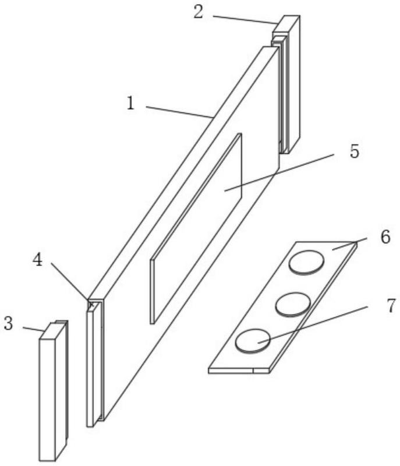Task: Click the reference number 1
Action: [x=130, y=104]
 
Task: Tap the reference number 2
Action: [x=199, y=12]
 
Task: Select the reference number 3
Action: [x=8, y=323]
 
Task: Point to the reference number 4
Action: [x=37, y=260]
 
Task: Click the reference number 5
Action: [x=354, y=151]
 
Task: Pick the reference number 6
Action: [x=385, y=237]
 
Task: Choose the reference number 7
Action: [x=391, y=305]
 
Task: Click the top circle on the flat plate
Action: [x=306, y=262]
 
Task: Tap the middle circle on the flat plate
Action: [x=293, y=304]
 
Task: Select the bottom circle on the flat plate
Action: [x=253, y=341]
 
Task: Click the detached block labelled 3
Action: [x=54, y=391]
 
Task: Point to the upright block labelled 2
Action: [x=287, y=84]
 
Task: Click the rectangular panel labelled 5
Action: [x=196, y=228]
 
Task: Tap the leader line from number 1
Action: [x=179, y=112]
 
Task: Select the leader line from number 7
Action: [x=313, y=324]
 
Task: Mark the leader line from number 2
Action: [x=245, y=20]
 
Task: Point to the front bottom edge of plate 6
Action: [x=239, y=370]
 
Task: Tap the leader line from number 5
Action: [x=279, y=172]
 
